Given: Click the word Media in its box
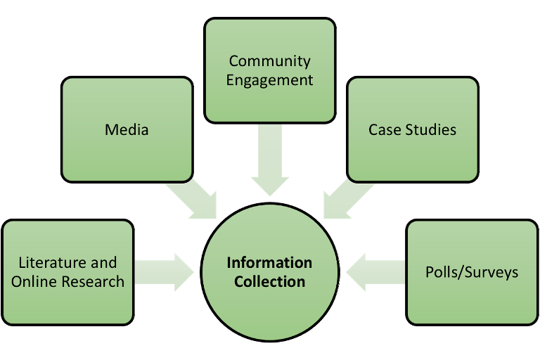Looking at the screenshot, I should [127, 130].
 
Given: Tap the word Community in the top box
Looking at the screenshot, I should [270, 61].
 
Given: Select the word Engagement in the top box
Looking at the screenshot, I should [270, 79].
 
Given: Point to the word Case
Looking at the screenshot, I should [384, 130].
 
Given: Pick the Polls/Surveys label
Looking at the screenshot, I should [472, 272].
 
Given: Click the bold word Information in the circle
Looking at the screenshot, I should [269, 263].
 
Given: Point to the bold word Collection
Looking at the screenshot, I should [269, 281].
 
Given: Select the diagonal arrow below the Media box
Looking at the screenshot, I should [194, 197].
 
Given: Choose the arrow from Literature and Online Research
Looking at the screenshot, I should [164, 272].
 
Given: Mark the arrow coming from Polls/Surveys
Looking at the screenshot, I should [376, 272].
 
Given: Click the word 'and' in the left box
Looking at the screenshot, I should [104, 263].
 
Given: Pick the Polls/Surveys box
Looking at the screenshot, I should [472, 302].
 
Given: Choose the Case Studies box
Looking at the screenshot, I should [413, 158].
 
